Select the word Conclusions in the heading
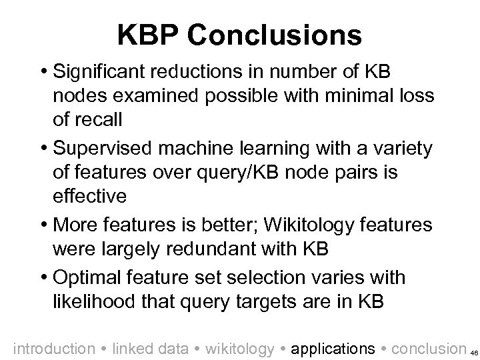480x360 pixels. click(x=275, y=34)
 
